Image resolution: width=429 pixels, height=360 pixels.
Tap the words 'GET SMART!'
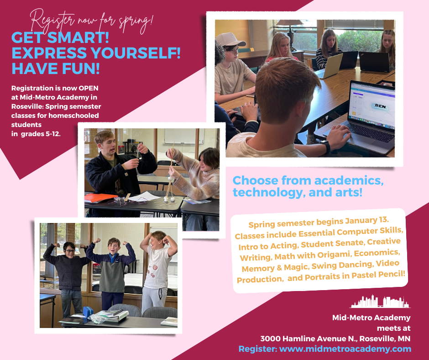coord(60,37)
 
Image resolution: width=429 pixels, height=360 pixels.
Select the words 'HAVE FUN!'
coord(56,69)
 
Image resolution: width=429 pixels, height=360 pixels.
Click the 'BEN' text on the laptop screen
coord(380,106)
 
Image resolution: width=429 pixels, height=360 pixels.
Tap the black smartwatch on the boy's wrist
coord(326,146)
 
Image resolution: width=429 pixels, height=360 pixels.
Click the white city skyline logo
coord(381,302)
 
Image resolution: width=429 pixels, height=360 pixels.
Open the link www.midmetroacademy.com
coord(345,349)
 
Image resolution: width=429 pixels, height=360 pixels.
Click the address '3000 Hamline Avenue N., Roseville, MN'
coord(335,339)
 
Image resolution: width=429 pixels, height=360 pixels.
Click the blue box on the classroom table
coord(88,312)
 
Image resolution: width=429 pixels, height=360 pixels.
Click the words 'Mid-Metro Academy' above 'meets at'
coord(371,318)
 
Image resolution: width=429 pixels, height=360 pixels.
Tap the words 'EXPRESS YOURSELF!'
coord(96,53)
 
